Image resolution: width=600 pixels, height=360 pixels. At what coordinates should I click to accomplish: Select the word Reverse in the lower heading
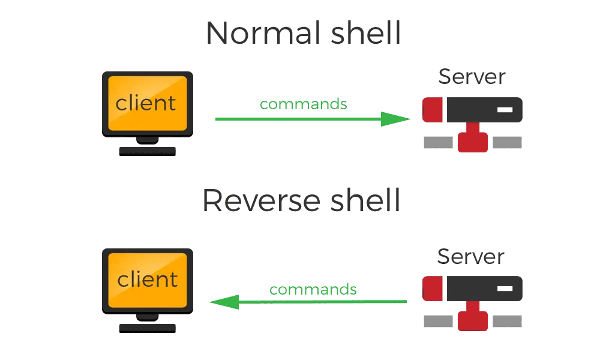(256, 201)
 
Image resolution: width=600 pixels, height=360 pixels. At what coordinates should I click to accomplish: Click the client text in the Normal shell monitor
(146, 103)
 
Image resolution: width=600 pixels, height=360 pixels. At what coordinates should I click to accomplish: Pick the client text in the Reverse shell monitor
(148, 279)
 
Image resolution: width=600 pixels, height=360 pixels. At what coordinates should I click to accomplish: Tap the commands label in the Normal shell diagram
(304, 104)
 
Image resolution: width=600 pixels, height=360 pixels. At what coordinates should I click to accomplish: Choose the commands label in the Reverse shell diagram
(313, 290)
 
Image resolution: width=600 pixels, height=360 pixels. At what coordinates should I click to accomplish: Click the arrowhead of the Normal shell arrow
(396, 119)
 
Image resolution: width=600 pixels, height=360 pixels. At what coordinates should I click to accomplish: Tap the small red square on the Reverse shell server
(433, 287)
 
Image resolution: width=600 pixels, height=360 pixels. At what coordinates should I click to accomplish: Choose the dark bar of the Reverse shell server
(485, 287)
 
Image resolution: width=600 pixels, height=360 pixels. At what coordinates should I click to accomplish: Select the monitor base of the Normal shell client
(146, 149)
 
